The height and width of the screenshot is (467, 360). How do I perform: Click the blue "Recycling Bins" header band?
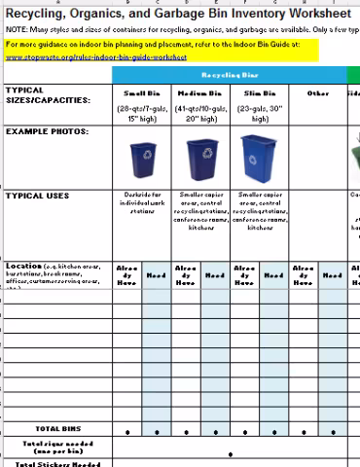(229, 75)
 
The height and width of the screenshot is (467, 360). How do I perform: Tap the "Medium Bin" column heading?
(199, 93)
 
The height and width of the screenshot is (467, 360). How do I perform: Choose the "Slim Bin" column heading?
(258, 93)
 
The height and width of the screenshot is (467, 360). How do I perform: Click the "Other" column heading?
(317, 93)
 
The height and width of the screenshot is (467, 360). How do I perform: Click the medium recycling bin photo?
(200, 156)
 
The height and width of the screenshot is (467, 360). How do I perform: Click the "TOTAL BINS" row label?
(58, 429)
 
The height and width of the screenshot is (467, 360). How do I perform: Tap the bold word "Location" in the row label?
(23, 266)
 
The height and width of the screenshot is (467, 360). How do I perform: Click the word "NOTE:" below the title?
(17, 30)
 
